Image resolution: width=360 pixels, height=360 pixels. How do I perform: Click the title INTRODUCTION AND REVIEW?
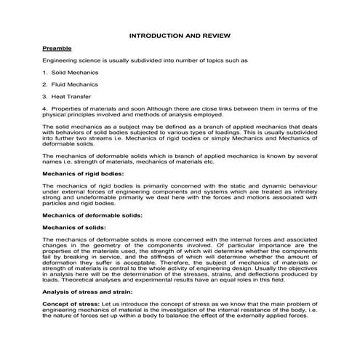tap(180, 34)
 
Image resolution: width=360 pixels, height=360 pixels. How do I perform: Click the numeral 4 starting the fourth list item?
tap(44, 108)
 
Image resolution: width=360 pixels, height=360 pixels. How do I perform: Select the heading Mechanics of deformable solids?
tap(92, 215)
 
